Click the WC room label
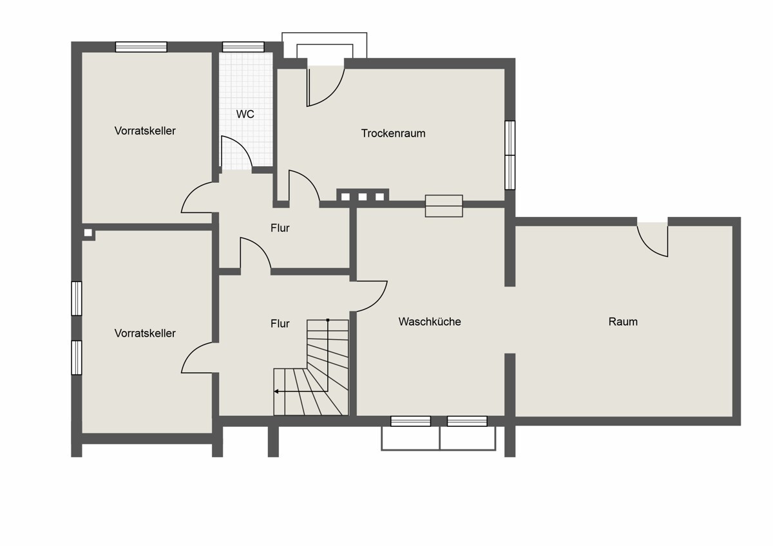[x=245, y=114]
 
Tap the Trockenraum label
[x=393, y=133]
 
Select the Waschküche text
[x=430, y=321]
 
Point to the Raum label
[x=623, y=321]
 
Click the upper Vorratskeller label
[x=145, y=131]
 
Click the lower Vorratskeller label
[x=145, y=333]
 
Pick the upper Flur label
[x=280, y=228]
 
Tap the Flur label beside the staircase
[x=280, y=323]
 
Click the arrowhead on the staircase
[x=276, y=391]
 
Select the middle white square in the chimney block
[x=362, y=196]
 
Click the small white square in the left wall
[x=88, y=233]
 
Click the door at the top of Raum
[x=652, y=240]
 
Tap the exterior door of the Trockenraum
[x=325, y=86]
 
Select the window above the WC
[x=243, y=47]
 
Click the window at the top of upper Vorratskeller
[x=141, y=47]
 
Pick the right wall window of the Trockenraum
[x=510, y=155]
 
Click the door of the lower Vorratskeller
[x=200, y=357]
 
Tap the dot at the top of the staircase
[x=328, y=320]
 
